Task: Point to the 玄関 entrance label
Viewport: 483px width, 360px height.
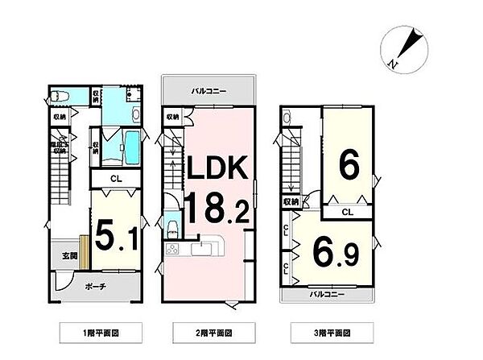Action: tap(69, 256)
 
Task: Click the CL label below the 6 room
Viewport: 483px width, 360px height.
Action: tap(345, 212)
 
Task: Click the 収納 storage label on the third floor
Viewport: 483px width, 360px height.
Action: tap(291, 201)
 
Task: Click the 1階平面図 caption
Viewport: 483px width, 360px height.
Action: tap(102, 331)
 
